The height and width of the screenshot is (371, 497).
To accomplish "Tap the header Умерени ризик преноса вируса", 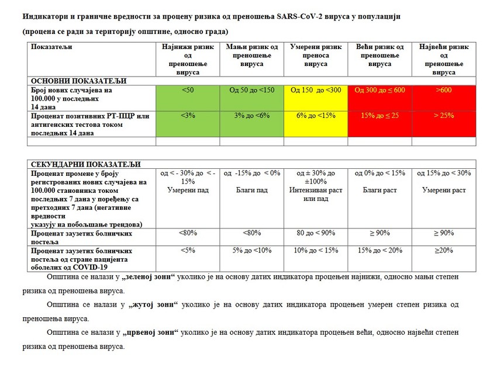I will click(316, 55).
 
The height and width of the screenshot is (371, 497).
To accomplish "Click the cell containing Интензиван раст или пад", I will click(316, 195).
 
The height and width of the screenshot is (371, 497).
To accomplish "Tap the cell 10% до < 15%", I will click(316, 251).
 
